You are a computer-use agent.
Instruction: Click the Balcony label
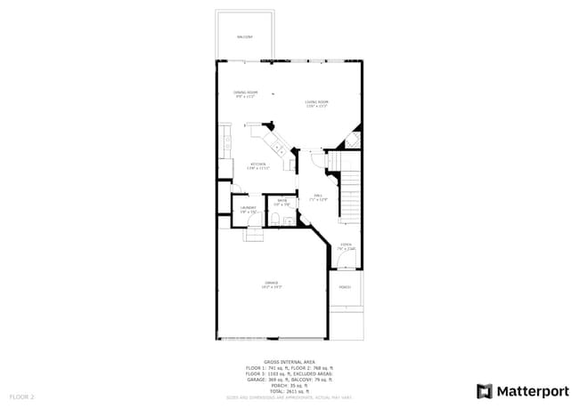point(244,36)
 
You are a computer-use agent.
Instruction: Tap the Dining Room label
point(246,92)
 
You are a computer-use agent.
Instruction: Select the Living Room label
point(316,103)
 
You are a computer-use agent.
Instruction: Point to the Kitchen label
point(257,164)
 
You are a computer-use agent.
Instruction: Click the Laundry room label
point(248,209)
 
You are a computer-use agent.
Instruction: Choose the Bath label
point(281,202)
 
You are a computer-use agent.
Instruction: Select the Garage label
point(271,284)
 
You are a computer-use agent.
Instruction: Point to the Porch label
point(345,287)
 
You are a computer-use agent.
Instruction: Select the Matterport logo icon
point(485,390)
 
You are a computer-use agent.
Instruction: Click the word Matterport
point(533,390)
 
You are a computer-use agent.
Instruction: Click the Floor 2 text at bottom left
point(22,396)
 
